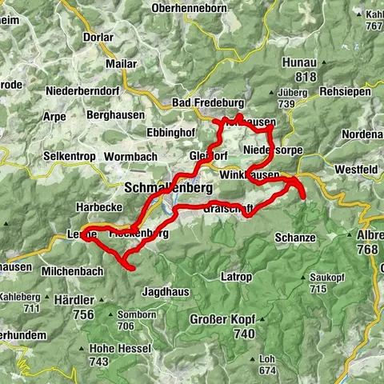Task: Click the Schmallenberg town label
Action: (x=168, y=188)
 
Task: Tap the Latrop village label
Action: (x=235, y=277)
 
